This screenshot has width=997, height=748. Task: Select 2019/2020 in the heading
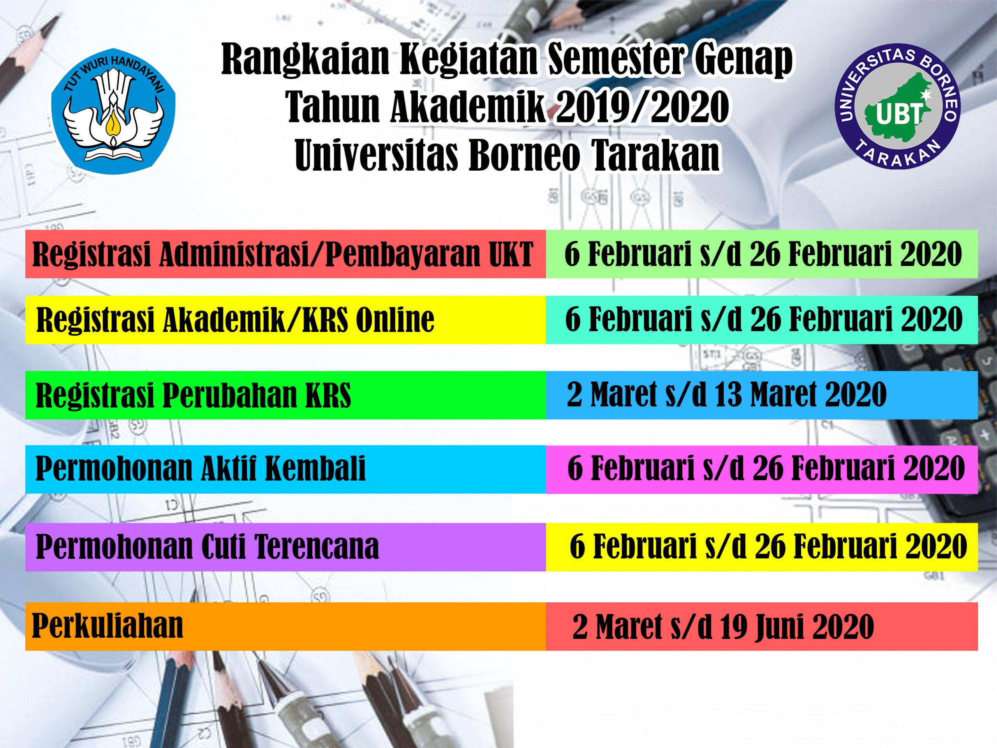click(643, 107)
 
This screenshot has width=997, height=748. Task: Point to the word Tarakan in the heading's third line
click(656, 155)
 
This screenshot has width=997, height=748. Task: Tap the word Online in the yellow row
click(395, 320)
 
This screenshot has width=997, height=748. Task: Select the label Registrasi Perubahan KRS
click(193, 395)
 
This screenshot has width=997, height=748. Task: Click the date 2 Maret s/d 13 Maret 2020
click(727, 395)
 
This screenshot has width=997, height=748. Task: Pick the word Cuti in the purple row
click(224, 547)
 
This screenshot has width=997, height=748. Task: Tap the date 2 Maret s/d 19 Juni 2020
click(723, 627)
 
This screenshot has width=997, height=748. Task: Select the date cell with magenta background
click(762, 469)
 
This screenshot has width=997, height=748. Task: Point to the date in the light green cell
click(763, 254)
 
